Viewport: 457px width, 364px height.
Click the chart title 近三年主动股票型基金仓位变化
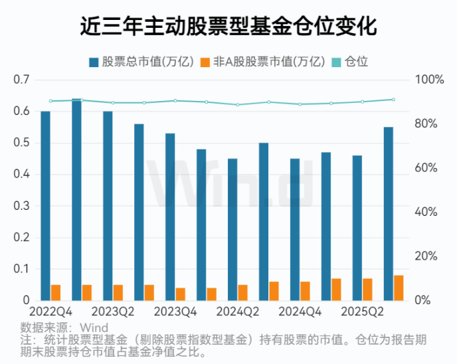point(228,27)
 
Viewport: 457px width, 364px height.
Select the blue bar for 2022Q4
point(45,206)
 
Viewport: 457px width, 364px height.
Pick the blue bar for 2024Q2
point(232,229)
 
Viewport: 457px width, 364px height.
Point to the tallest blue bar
point(76,199)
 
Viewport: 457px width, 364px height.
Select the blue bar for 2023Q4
point(170,217)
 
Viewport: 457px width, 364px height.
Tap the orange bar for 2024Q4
point(305,291)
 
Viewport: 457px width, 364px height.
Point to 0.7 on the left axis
point(22,80)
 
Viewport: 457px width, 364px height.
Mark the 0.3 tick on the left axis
point(22,206)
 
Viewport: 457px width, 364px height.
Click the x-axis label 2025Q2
point(362,312)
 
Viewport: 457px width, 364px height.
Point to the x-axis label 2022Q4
point(50,312)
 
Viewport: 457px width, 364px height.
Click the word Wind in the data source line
point(94,327)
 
